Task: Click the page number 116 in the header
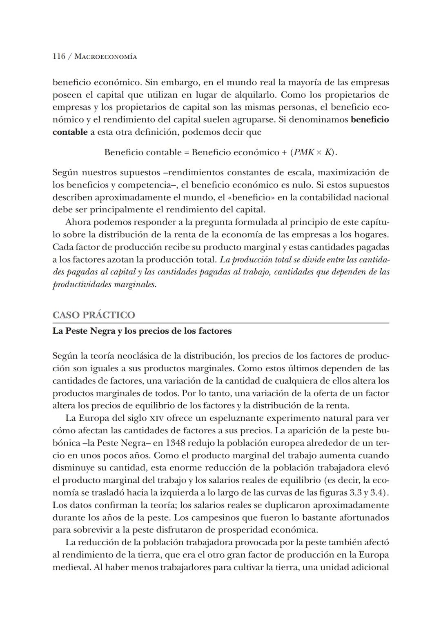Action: (x=59, y=56)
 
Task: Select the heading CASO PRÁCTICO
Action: (x=94, y=315)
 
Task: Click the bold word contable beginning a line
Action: (x=70, y=132)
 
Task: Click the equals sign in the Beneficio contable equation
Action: (x=187, y=153)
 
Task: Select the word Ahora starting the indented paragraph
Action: (x=78, y=223)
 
